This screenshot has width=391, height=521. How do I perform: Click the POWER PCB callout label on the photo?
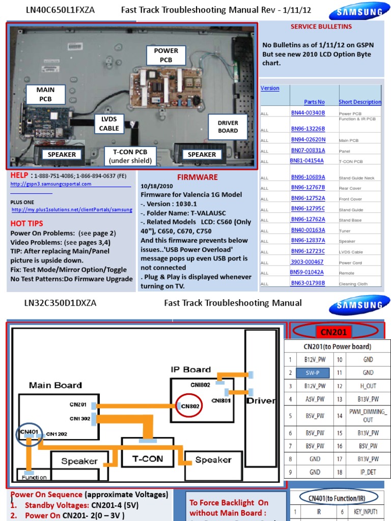(x=166, y=55)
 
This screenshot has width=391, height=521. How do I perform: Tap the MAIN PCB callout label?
(x=45, y=94)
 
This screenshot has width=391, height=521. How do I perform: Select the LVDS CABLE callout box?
(x=109, y=124)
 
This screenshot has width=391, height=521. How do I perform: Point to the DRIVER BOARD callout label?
(x=228, y=127)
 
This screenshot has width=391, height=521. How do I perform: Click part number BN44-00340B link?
(x=308, y=112)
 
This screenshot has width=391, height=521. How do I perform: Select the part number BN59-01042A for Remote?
(x=308, y=272)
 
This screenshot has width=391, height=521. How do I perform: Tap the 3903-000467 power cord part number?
(x=307, y=262)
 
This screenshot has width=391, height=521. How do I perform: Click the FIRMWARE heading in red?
(x=197, y=177)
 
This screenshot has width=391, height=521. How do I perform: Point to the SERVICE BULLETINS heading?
(x=321, y=26)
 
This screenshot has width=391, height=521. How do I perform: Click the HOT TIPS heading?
(x=26, y=223)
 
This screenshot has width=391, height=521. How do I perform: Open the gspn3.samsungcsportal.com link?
(x=51, y=184)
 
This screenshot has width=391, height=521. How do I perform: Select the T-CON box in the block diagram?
(x=147, y=458)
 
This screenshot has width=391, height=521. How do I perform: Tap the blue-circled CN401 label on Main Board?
(x=27, y=432)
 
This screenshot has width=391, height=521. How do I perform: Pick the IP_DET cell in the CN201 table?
(x=368, y=472)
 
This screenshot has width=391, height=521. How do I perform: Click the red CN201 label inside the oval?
(x=333, y=332)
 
